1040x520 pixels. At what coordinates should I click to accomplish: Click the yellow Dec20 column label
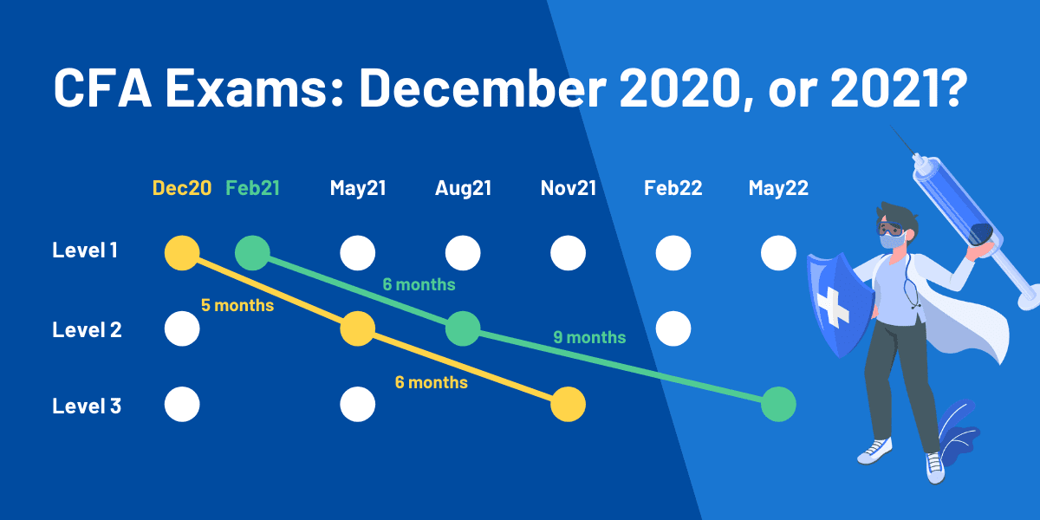click(182, 188)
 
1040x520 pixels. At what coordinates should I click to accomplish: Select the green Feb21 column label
click(252, 188)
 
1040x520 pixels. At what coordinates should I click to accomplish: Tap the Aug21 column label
click(463, 188)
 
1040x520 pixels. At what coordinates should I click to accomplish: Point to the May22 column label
click(778, 188)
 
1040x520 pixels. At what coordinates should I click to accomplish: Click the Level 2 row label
click(87, 329)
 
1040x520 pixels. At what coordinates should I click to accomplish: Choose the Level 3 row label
click(87, 406)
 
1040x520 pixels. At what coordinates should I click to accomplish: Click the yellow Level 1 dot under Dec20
click(182, 253)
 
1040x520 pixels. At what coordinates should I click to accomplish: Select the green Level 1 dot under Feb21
click(252, 253)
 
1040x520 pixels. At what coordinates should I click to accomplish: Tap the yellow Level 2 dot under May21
click(357, 328)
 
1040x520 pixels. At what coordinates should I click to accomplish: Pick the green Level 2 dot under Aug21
click(463, 328)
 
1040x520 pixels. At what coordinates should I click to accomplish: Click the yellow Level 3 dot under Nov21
click(569, 405)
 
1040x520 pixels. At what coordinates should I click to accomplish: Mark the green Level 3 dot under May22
click(778, 405)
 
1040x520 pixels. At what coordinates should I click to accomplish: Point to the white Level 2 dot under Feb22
click(673, 328)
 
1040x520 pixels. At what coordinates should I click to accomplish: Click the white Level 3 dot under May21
click(357, 405)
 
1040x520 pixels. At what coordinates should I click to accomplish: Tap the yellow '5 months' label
click(237, 305)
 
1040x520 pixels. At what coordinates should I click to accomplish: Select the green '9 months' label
click(589, 337)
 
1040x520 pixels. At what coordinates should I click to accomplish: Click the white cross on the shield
click(834, 307)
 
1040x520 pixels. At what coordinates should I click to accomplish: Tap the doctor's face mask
click(892, 242)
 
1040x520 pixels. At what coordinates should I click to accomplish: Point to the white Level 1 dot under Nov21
click(569, 253)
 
